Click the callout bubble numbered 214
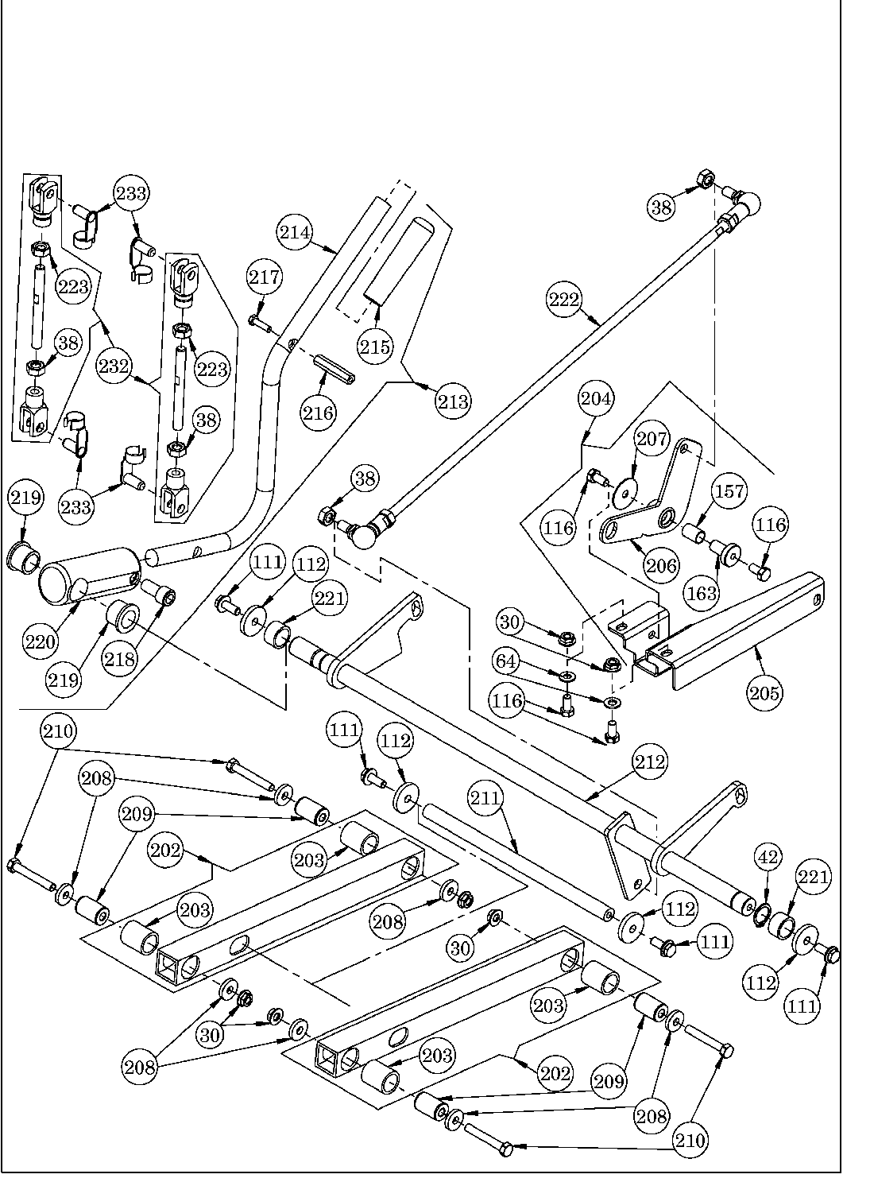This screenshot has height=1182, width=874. tap(295, 232)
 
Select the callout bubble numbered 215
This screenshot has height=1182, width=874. tap(375, 346)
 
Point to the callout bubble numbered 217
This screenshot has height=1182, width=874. tap(264, 277)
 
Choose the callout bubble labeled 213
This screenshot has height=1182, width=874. tap(453, 401)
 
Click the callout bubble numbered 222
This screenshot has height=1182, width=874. tap(564, 300)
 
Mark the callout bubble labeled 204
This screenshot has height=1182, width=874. tap(597, 398)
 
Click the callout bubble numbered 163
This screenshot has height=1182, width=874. tap(702, 592)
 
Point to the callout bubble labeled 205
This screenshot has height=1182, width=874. tap(764, 692)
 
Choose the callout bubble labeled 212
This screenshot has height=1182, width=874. tap(651, 762)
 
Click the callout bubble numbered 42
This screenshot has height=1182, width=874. tap(769, 858)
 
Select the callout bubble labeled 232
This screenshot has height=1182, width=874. tap(115, 366)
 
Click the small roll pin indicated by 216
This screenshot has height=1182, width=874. tap(333, 370)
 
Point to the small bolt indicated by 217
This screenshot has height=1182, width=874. tap(259, 322)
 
